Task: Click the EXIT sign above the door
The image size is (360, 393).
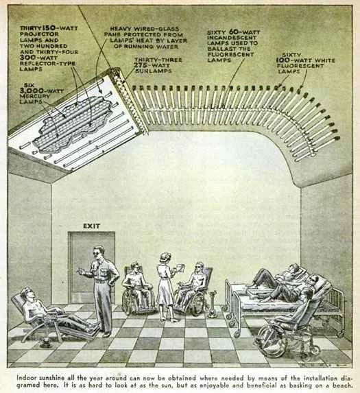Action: (x=91, y=226)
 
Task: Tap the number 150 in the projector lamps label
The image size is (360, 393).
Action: (x=50, y=27)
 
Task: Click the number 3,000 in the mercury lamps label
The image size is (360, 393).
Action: (x=32, y=91)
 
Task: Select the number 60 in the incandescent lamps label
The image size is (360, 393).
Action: (x=234, y=32)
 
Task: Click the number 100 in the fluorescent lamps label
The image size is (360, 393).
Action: (x=283, y=60)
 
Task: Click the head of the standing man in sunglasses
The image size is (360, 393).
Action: (x=99, y=252)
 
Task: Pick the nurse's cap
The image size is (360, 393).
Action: (x=165, y=255)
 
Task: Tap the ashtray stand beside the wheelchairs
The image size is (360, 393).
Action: (x=213, y=304)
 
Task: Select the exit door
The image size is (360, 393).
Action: (x=91, y=267)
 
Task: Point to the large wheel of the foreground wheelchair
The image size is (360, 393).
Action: (x=270, y=340)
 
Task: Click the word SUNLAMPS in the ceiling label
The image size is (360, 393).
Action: (x=154, y=71)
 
